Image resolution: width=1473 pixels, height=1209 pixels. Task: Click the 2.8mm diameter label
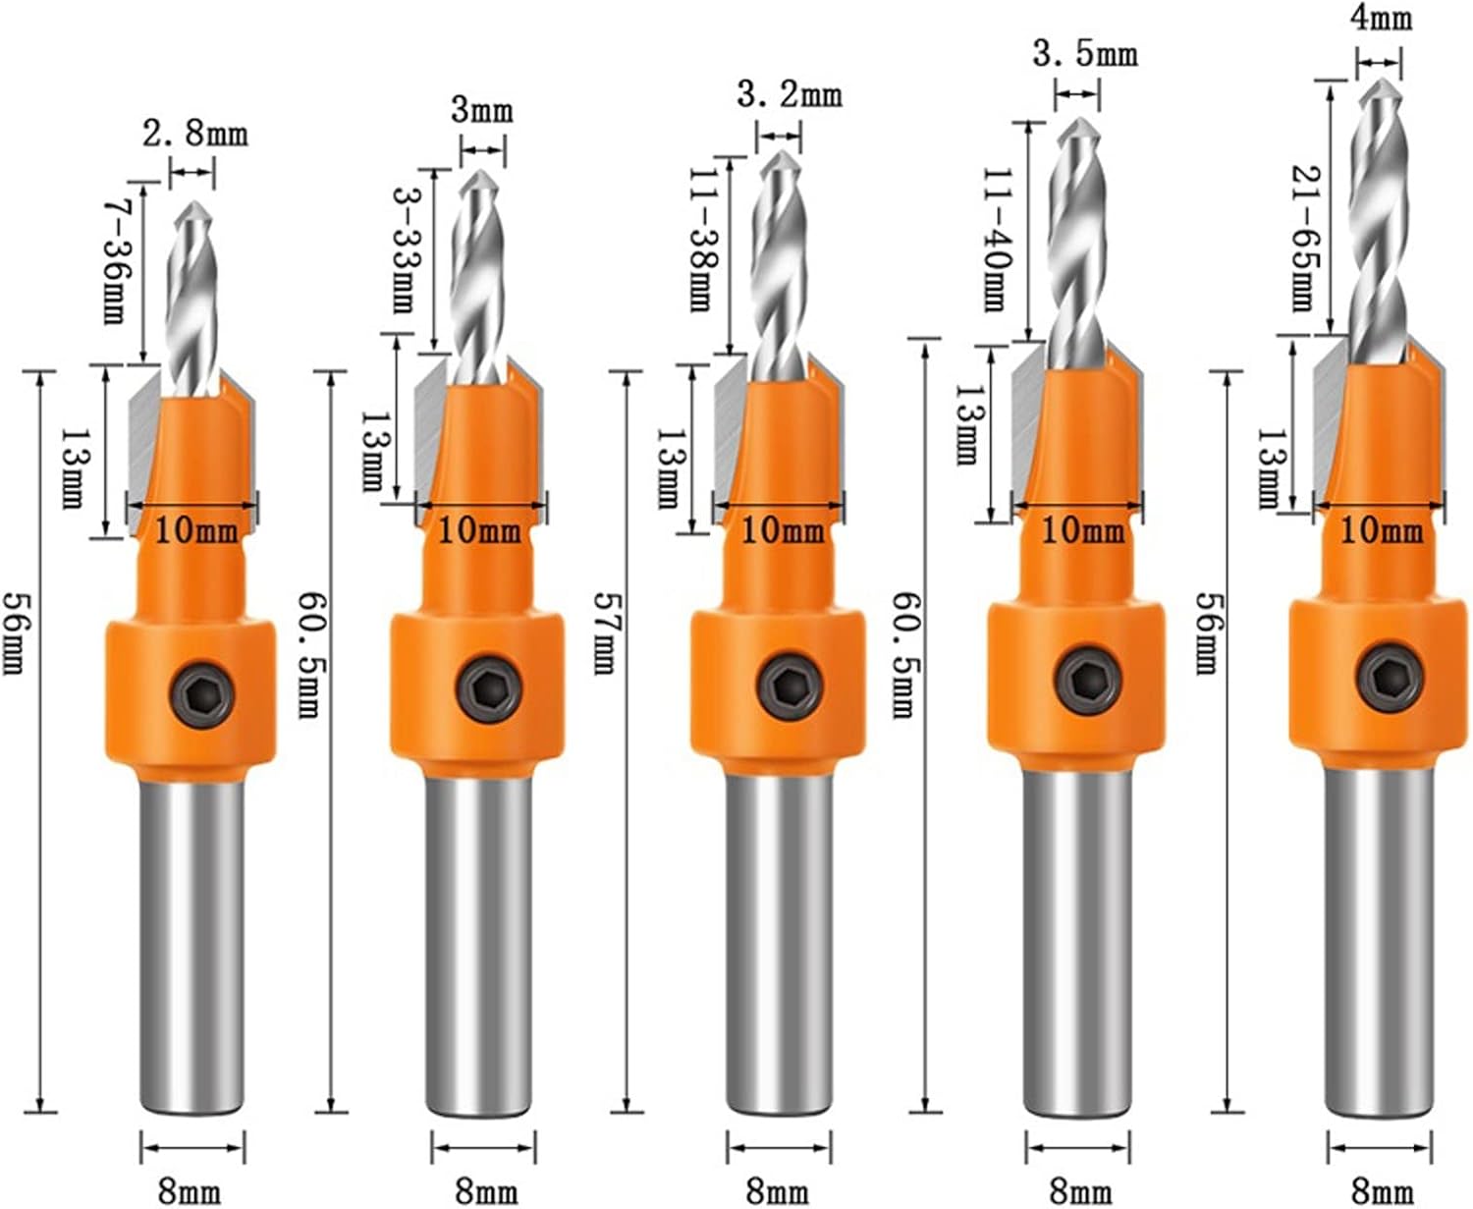point(195,134)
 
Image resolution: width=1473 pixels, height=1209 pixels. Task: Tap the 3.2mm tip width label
point(789,94)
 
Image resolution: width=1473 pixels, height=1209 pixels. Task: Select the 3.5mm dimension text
point(1085,53)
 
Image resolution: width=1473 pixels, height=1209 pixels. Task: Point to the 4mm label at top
point(1382,18)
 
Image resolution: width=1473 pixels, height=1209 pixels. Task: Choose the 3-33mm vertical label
point(404,249)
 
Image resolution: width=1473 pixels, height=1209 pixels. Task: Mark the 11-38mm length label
point(700,240)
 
